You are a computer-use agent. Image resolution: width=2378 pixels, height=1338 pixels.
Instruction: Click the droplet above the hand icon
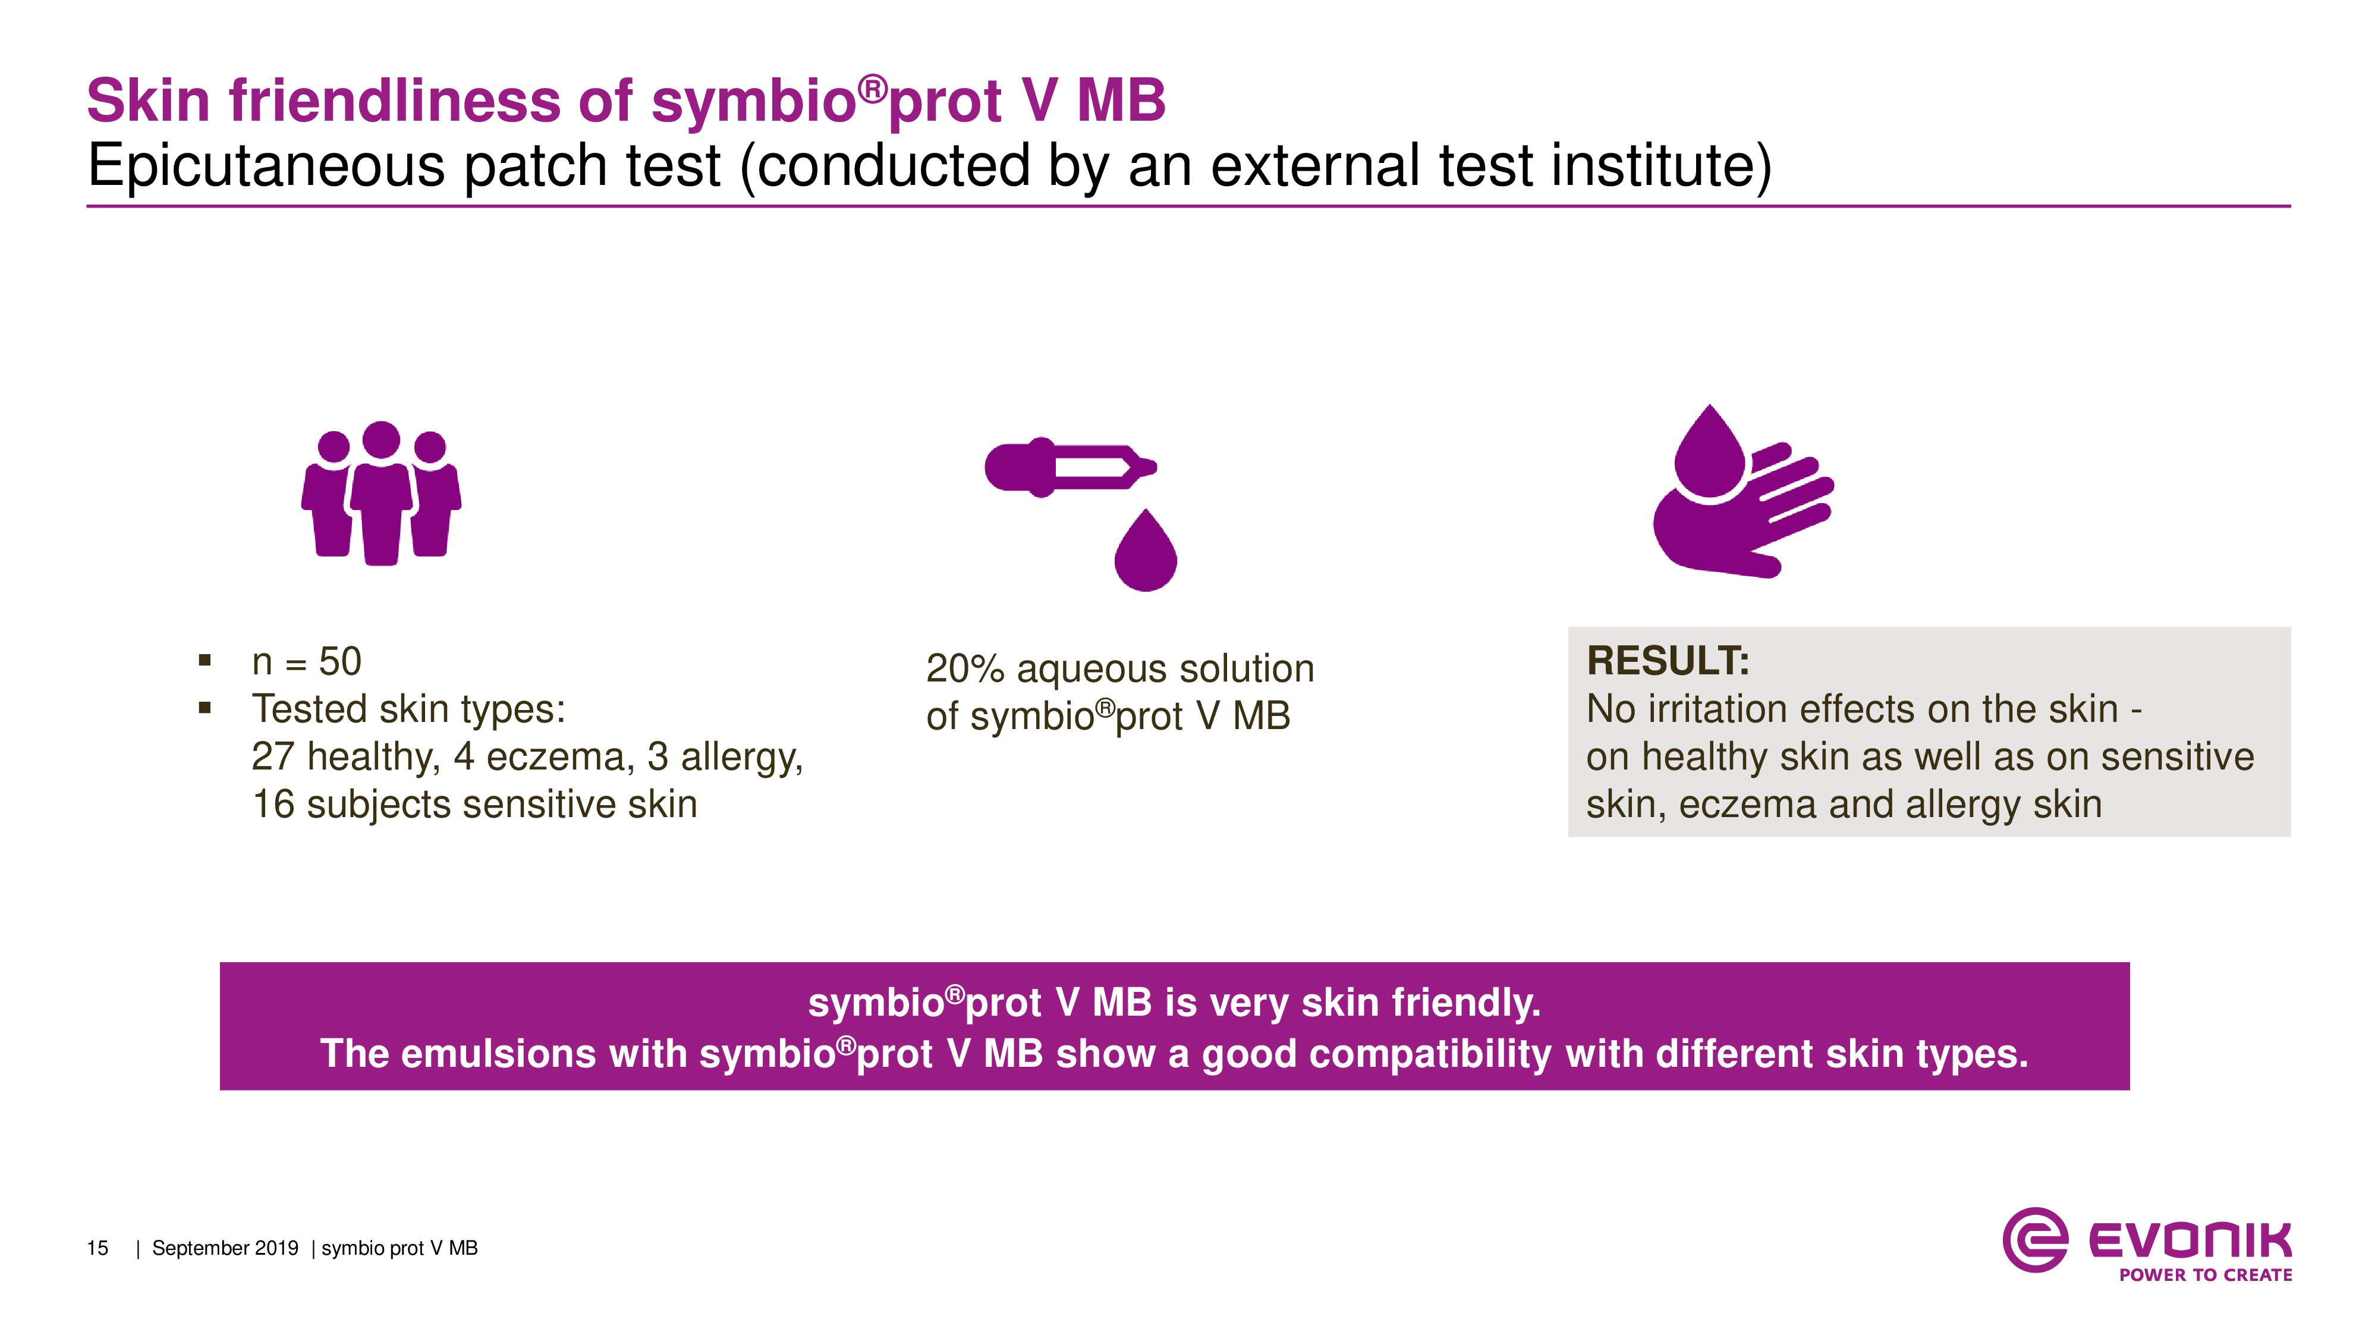pyautogui.click(x=1710, y=453)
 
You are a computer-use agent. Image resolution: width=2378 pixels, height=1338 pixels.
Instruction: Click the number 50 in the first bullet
pyautogui.click(x=339, y=661)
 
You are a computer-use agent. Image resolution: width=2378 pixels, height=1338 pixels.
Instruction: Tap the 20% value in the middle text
pyautogui.click(x=965, y=668)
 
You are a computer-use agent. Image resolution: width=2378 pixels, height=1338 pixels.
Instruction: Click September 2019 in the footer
pyautogui.click(x=225, y=1248)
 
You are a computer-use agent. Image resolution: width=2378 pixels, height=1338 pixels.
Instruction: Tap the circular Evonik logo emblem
pyautogui.click(x=2034, y=1240)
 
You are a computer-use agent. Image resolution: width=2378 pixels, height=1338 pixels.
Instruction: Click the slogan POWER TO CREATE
pyautogui.click(x=2206, y=1275)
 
